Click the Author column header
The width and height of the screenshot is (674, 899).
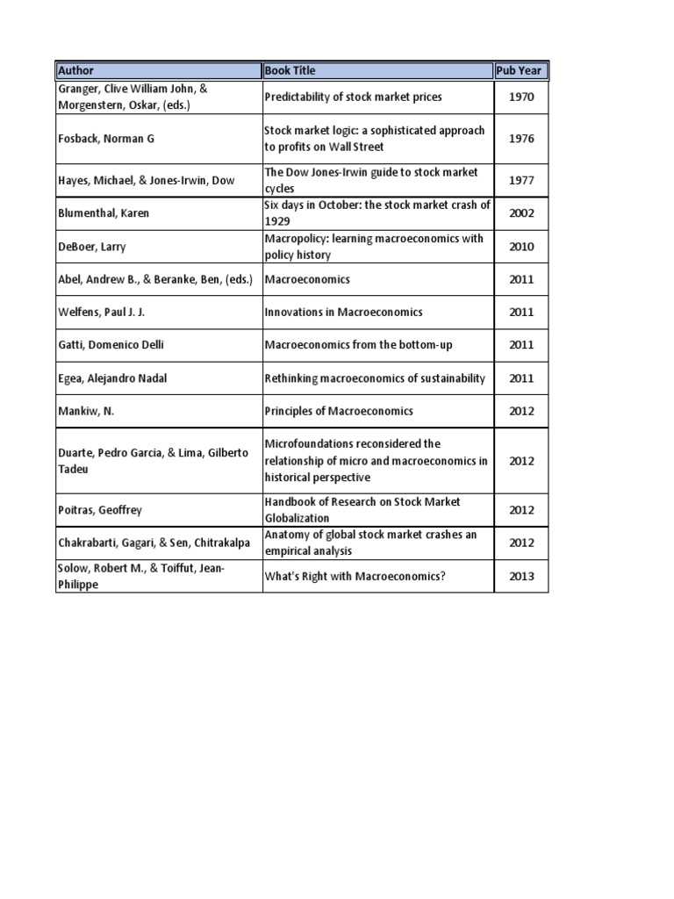pos(75,70)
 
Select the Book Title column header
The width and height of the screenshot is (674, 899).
pos(290,70)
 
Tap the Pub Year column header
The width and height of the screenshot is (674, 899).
pos(520,70)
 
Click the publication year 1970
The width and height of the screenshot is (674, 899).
pos(521,97)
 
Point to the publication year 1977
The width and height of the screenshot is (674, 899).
pos(521,181)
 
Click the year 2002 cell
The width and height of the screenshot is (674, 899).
pos(521,213)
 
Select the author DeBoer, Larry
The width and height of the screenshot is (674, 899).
pos(91,247)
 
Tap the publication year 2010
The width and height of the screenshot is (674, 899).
pos(521,247)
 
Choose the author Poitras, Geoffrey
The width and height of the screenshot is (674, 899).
pos(98,510)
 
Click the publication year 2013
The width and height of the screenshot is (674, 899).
pos(521,577)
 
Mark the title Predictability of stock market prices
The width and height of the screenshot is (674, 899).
pos(353,97)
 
